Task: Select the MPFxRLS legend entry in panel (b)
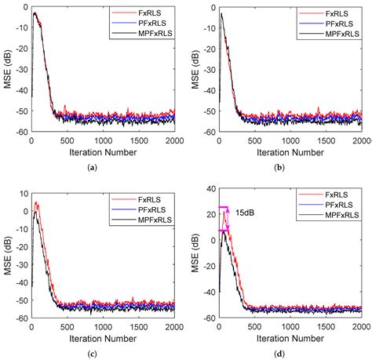pos(330,36)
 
